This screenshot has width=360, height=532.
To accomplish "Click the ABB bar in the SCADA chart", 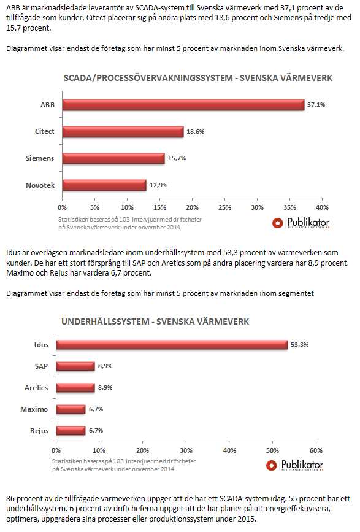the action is tap(183, 105).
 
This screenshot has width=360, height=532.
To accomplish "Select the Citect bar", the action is tap(123, 132).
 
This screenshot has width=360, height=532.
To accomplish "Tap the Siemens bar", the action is tap(113, 158).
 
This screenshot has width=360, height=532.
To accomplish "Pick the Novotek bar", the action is tap(104, 185).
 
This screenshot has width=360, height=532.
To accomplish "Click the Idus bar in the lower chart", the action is tap(172, 345).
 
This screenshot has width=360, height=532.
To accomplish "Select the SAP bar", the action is tap(75, 366).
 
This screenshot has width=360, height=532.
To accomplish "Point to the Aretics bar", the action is tap(75, 388).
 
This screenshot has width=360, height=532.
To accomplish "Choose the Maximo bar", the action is tap(71, 409).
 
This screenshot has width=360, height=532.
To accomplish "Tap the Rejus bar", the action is tap(71, 431).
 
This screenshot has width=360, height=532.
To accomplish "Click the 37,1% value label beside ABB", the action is tap(316, 105).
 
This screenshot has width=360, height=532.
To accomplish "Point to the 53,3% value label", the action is tap(300, 345).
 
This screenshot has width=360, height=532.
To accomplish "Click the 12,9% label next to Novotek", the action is tap(159, 185).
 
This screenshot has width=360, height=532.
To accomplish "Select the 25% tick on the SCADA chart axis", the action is tap(224, 207).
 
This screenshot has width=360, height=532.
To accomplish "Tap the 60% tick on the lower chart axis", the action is tap(316, 450).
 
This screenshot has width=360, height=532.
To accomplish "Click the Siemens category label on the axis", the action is tap(40, 158).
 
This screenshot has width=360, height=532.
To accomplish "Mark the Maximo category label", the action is tap(34, 409).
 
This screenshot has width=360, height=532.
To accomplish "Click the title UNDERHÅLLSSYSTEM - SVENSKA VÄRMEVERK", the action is tap(155, 322).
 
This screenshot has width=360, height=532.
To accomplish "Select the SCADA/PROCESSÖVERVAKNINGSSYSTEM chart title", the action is tap(198, 78).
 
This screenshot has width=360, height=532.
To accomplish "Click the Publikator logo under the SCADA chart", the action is tap(301, 223).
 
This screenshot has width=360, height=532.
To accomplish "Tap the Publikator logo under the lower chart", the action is tap(294, 465).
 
